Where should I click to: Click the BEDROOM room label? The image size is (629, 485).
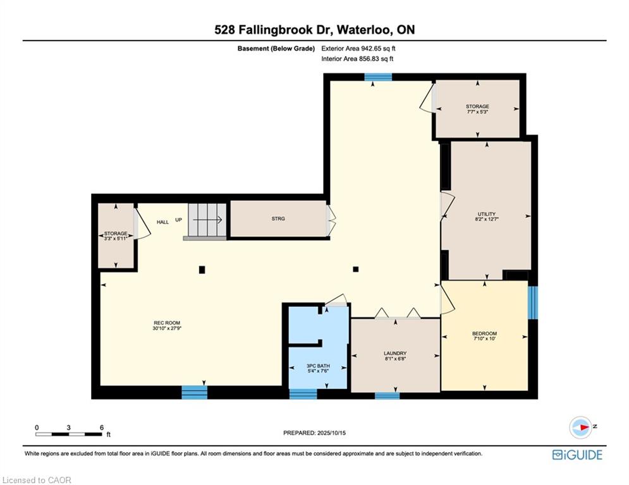coord(484,333)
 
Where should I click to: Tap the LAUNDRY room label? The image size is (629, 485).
coord(394,353)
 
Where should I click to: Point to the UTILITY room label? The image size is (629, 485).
coord(487,214)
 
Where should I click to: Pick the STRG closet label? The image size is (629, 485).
coord(278,219)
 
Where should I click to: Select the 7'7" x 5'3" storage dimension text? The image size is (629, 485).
coord(477,112)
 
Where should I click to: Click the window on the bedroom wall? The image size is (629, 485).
coord(532,303)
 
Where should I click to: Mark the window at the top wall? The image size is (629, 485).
coord(378,77)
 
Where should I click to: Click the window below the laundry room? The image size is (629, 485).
coord(387,396)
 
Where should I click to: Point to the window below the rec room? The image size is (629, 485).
coord(194,392)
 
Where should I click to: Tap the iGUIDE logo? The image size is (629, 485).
coord(577,455)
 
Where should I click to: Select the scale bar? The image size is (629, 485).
coord(69,434)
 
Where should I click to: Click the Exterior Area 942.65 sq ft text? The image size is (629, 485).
coord(358,48)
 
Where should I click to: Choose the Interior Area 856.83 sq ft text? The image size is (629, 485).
coord(357,59)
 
